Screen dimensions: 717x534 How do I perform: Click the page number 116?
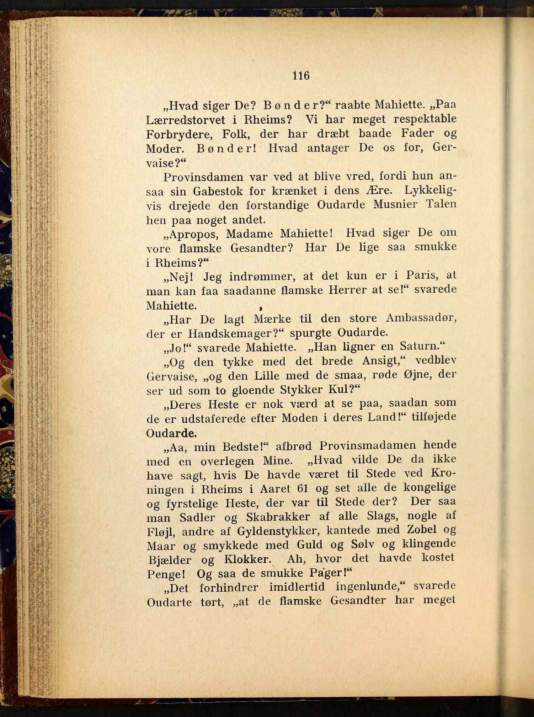pos(301,76)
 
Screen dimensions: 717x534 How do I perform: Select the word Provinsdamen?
pos(203,177)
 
